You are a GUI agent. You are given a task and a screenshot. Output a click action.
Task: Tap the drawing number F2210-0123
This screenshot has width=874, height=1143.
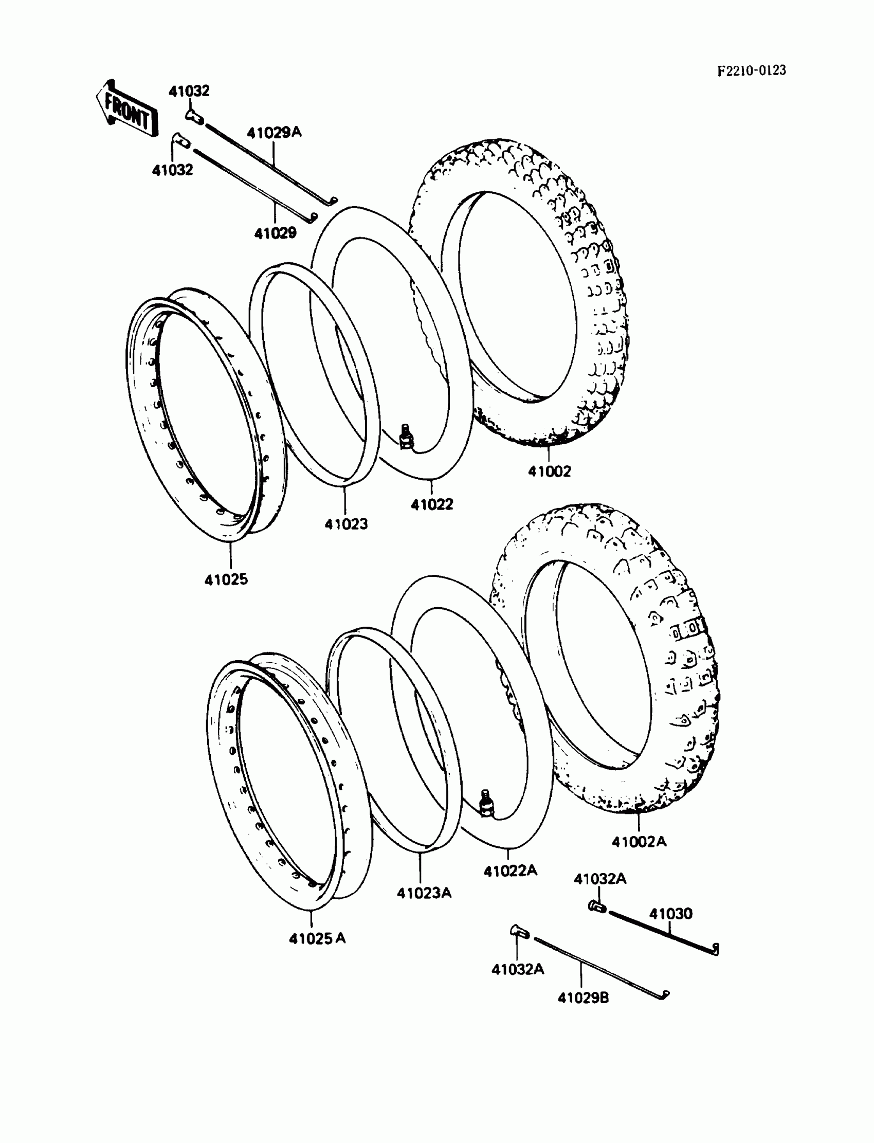[751, 71]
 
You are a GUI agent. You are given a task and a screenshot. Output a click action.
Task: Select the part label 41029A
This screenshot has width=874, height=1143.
[274, 133]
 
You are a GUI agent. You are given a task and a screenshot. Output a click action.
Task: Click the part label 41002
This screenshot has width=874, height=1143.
[550, 471]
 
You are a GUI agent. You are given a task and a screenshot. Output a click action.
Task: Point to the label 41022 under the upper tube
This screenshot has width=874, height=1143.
[432, 504]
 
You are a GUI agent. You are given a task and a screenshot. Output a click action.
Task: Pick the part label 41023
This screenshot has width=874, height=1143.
[346, 524]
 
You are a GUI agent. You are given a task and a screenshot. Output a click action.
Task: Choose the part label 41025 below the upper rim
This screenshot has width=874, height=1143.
[226, 579]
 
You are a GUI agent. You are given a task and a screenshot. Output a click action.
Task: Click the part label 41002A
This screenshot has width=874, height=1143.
[639, 842]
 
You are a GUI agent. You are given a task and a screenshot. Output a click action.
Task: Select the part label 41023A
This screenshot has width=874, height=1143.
[424, 893]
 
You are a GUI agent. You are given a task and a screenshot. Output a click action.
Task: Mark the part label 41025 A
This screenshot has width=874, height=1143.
[317, 938]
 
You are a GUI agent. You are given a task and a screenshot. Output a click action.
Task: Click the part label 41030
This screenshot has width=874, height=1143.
[670, 914]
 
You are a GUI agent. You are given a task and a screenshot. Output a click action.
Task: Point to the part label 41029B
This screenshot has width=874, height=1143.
[582, 998]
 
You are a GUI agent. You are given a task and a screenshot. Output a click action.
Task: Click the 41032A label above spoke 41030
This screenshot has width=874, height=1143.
[600, 879]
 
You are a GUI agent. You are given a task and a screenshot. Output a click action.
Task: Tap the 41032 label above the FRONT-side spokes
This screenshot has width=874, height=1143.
[189, 91]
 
